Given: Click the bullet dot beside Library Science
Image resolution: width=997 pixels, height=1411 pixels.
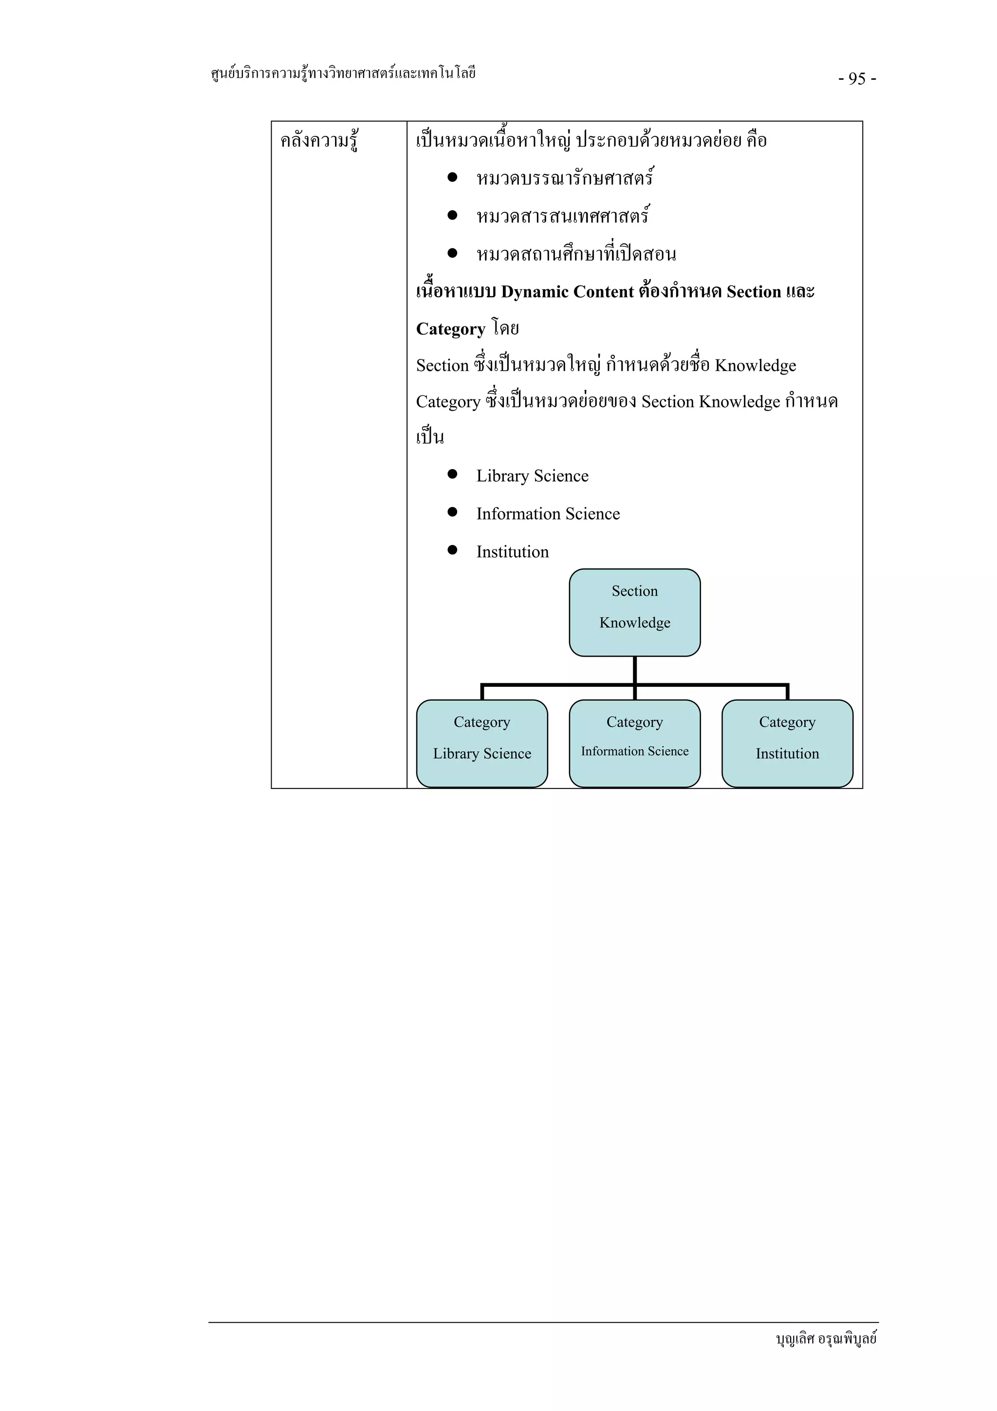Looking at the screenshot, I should point(453,474).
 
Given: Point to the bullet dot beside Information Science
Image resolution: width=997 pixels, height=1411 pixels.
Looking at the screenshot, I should point(453,512).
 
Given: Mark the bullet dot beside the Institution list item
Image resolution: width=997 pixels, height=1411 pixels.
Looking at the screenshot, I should point(453,550).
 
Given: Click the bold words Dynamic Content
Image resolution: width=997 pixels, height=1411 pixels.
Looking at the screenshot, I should point(567,292).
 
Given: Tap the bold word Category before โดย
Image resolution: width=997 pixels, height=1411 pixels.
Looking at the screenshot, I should point(450,329).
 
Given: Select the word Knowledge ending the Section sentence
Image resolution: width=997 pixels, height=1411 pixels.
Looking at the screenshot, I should point(755,366).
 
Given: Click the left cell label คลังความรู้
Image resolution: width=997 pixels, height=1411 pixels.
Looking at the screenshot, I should point(319,141).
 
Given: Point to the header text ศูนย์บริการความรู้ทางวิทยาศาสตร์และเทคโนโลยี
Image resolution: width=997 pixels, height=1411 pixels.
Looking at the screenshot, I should point(343,74).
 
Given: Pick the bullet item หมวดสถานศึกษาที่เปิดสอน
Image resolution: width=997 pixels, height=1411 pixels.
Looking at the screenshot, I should point(575,254).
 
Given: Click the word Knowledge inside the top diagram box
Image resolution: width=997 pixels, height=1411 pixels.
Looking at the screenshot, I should point(635,622).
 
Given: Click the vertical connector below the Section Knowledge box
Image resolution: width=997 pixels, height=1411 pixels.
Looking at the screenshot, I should point(635,670).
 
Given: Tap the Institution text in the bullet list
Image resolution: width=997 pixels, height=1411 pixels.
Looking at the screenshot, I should point(512,552).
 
